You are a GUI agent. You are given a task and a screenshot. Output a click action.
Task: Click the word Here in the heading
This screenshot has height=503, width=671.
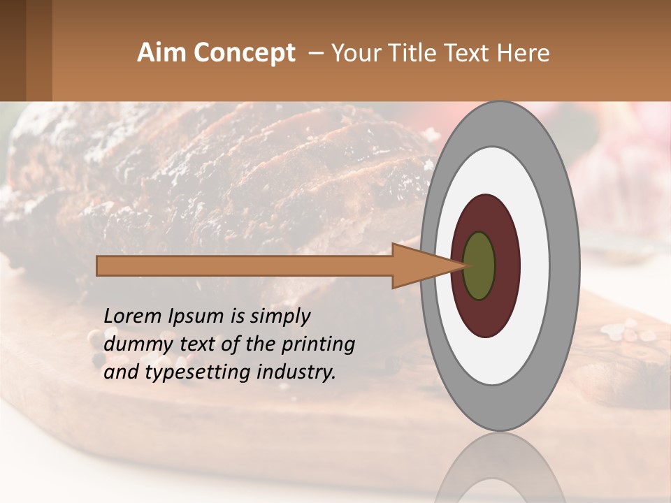click(x=525, y=53)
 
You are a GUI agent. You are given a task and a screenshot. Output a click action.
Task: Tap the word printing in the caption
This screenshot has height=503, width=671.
click(x=318, y=344)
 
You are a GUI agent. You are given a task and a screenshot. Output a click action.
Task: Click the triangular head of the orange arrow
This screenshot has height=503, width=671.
click(x=419, y=266)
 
